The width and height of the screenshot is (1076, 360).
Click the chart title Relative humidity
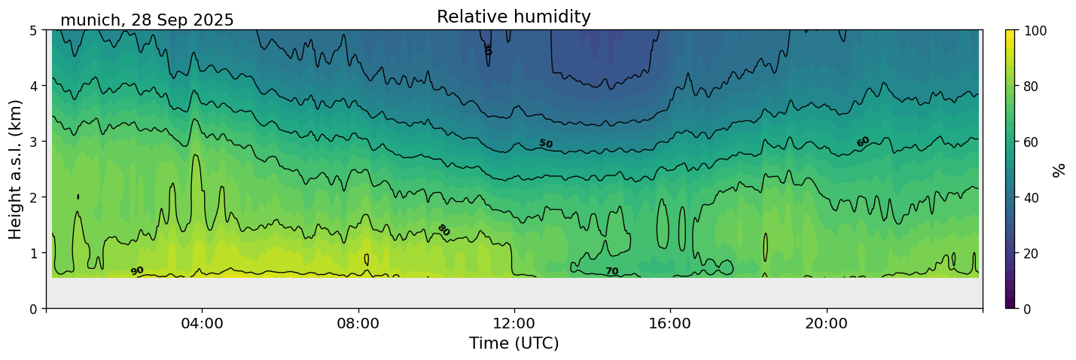514,17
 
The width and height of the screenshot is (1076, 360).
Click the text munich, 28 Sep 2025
147,20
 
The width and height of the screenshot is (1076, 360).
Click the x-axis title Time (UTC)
514,343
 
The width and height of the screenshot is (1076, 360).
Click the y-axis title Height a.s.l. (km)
16,169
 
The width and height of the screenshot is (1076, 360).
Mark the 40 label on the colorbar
1033,197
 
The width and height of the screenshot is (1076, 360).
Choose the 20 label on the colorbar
1033,253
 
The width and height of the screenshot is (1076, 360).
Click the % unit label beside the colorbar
1059,169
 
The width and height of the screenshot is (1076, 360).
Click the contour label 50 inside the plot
545,144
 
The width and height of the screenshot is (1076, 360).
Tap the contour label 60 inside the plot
863,142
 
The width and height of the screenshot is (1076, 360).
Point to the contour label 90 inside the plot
136,271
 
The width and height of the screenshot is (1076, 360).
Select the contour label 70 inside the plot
611,271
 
